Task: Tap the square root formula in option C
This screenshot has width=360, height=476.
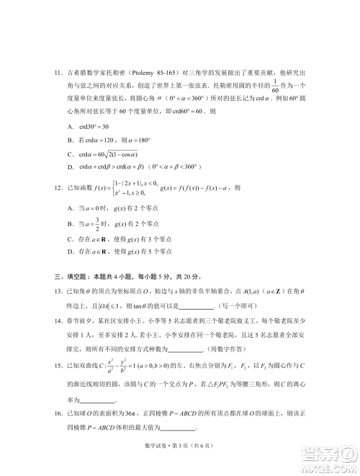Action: point(118,154)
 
